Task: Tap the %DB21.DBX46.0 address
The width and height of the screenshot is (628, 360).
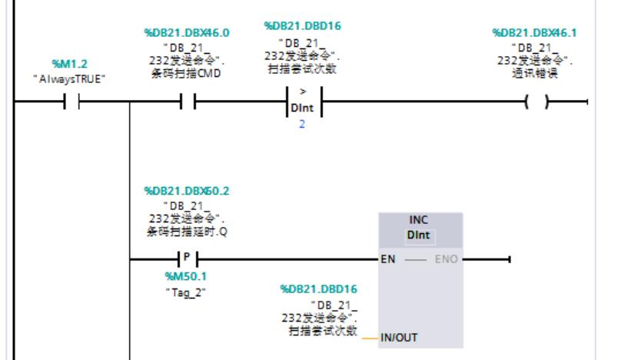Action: point(181,33)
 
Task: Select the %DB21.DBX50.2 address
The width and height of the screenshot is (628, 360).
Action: point(181,190)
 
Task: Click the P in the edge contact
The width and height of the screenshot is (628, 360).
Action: point(185,258)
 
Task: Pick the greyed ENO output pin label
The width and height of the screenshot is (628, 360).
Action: point(446,259)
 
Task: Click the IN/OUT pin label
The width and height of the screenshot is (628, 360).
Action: point(399,337)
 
